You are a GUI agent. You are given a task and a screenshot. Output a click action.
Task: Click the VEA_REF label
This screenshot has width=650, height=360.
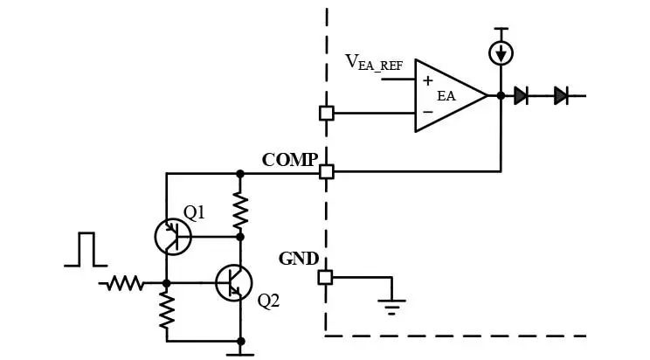tap(374, 63)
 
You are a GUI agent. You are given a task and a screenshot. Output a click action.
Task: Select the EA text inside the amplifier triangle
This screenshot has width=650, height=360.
tap(446, 96)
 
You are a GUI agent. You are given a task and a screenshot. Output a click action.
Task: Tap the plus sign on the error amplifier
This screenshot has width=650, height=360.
tap(428, 80)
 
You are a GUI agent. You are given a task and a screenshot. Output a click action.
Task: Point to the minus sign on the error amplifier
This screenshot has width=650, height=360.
tap(428, 112)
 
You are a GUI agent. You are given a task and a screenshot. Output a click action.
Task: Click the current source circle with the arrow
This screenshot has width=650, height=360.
tap(501, 53)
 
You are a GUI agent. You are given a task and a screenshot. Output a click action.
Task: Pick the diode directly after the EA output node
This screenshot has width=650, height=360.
tap(521, 96)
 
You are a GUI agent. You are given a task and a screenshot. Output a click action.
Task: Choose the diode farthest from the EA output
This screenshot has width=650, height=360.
tap(561, 96)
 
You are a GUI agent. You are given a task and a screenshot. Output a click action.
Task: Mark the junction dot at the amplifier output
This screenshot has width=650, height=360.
tap(501, 96)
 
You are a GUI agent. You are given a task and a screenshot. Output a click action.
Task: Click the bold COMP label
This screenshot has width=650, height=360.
tap(290, 160)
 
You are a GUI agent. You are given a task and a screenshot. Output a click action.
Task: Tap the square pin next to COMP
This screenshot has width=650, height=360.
tap(327, 172)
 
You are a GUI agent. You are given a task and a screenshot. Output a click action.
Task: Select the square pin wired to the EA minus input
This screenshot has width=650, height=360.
tap(327, 114)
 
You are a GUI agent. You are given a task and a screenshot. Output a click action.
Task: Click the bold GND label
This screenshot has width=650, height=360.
tap(299, 259)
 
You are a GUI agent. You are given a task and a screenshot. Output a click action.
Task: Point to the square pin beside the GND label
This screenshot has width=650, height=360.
tap(325, 278)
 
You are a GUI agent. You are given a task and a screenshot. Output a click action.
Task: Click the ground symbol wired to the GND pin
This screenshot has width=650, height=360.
tap(391, 307)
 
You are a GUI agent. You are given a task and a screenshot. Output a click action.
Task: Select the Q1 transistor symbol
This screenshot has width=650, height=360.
tap(173, 237)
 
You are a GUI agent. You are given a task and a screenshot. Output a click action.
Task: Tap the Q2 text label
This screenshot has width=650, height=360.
tap(268, 301)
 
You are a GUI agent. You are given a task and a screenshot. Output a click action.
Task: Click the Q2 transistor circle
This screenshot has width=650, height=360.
tap(234, 283)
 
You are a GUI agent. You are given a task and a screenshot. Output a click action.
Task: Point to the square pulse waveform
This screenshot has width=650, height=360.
tap(86, 249)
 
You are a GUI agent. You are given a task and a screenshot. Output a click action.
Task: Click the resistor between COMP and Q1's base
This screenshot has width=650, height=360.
tap(240, 211)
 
